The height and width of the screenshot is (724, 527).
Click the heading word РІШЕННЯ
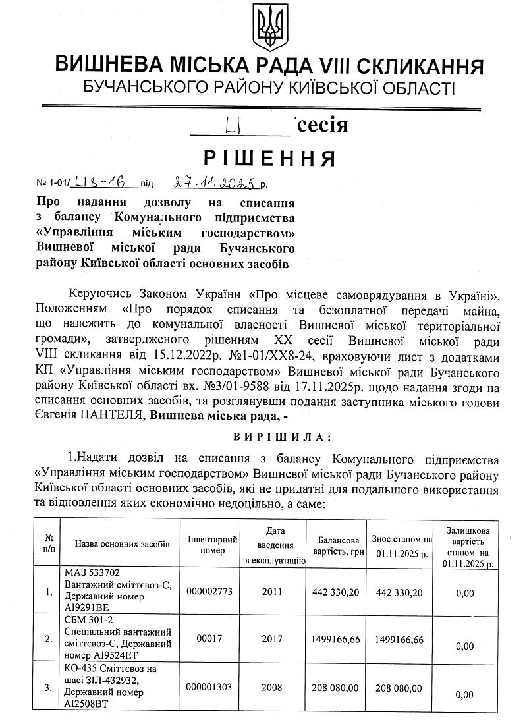pos(268,159)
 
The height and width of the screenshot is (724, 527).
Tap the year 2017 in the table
pos(271,640)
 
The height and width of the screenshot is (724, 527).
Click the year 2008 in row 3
pos(271,688)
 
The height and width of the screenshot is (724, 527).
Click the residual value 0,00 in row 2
pos(464,646)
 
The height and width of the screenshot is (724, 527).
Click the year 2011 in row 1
pos(271,592)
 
